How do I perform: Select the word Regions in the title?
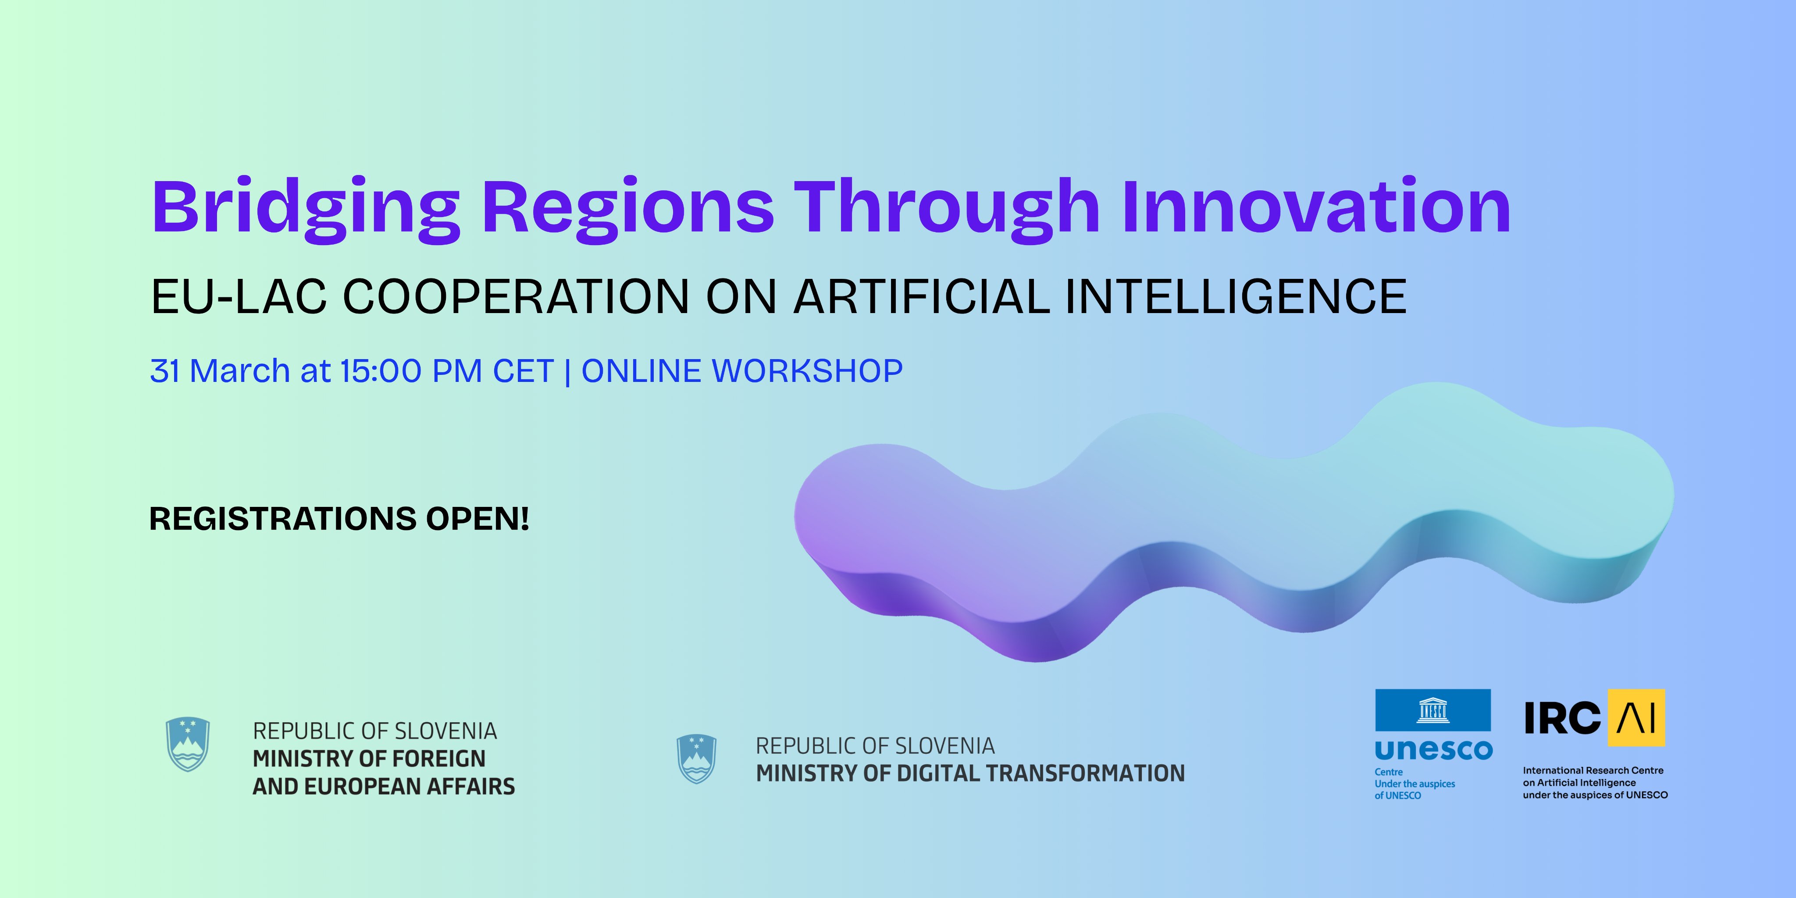pos(627,210)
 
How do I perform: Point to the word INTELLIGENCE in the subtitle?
pos(1236,296)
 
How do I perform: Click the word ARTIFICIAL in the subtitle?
pos(922,296)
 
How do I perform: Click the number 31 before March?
pos(165,371)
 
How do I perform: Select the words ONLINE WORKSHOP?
pos(742,371)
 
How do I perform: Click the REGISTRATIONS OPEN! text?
pos(339,519)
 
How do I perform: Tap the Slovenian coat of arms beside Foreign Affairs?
pos(188,744)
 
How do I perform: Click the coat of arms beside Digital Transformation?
pos(696,759)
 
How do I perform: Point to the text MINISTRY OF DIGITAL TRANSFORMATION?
pos(970,773)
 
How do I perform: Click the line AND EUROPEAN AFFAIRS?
pos(384,787)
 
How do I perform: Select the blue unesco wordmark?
pos(1433,750)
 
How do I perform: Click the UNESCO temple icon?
pos(1433,710)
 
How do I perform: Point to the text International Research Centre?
pos(1593,770)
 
